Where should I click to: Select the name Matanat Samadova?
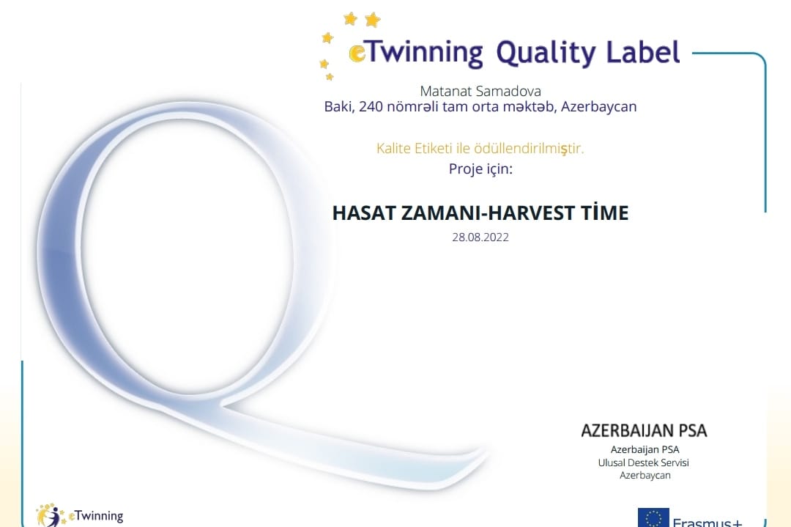click(480, 92)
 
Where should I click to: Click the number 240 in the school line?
click(371, 106)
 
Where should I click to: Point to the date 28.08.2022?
click(480, 237)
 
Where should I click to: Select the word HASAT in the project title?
click(364, 213)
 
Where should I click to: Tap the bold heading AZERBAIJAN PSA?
click(645, 430)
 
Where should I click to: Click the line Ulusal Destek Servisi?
click(643, 462)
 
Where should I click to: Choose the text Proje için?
click(480, 169)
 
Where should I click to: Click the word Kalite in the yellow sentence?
click(393, 148)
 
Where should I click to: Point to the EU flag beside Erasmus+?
click(653, 517)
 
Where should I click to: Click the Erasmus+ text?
click(708, 522)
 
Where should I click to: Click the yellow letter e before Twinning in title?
click(357, 54)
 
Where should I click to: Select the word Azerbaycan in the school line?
click(599, 107)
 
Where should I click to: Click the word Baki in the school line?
click(339, 106)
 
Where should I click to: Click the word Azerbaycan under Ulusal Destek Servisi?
click(645, 476)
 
